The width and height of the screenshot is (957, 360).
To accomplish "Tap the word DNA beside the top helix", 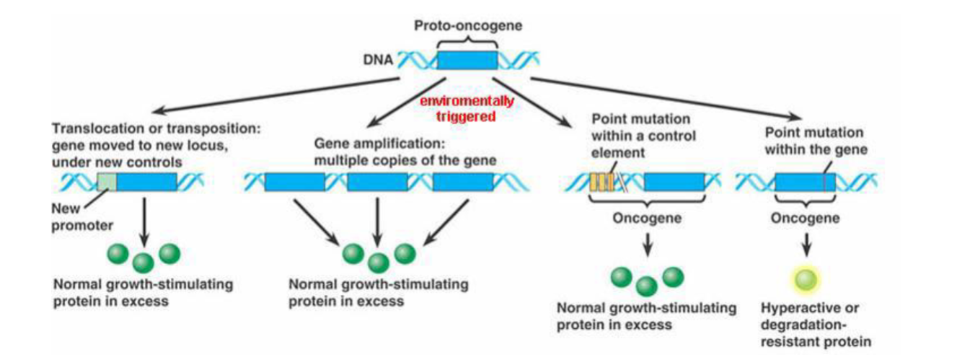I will click(x=376, y=60).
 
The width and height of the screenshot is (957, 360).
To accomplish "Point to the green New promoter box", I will click(x=107, y=182).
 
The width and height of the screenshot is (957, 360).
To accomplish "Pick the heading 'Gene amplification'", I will click(x=366, y=141).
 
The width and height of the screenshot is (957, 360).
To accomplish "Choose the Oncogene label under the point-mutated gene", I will click(x=806, y=217).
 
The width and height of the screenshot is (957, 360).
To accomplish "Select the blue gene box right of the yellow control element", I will click(x=674, y=182).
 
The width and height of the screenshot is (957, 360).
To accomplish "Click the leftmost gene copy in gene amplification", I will click(x=294, y=182).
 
